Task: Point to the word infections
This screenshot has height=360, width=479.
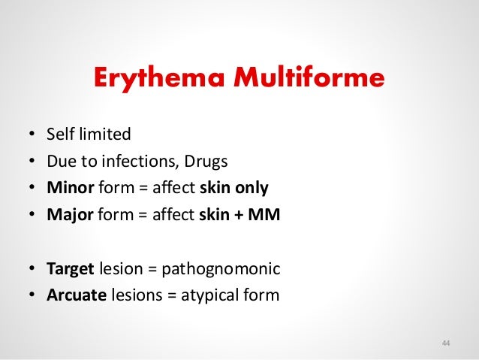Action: pyautogui.click(x=125, y=162)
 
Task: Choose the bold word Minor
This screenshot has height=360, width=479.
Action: pyautogui.click(x=69, y=188)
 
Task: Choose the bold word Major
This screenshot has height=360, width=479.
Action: pyautogui.click(x=69, y=215)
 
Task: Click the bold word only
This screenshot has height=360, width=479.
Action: pyautogui.click(x=254, y=188)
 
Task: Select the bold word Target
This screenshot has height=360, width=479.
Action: pyautogui.click(x=70, y=268)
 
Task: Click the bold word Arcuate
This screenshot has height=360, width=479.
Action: pyautogui.click(x=74, y=295)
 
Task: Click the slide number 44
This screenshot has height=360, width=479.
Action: pyautogui.click(x=446, y=343)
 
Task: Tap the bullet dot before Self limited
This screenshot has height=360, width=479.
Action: pyautogui.click(x=32, y=136)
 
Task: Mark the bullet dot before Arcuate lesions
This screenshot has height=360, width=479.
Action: pyautogui.click(x=32, y=295)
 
